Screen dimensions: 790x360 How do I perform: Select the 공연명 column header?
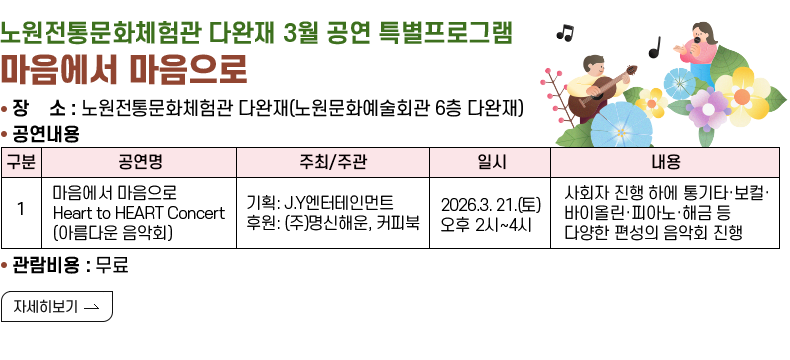pos(138,162)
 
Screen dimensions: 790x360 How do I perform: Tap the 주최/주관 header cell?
pos(332,162)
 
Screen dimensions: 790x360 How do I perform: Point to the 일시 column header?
pos(489,162)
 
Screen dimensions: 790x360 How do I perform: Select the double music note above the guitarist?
pos(565,32)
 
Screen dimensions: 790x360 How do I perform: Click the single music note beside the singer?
pos(655,46)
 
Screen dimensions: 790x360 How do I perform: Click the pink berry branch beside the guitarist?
pos(553,95)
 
